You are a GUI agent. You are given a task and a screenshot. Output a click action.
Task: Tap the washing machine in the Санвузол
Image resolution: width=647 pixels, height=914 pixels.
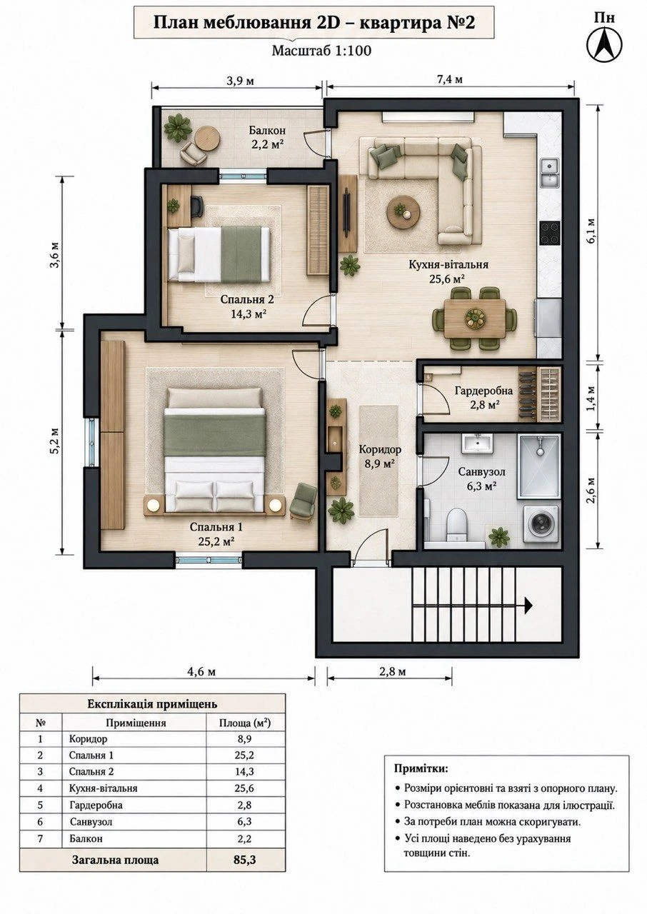pyautogui.click(x=541, y=524)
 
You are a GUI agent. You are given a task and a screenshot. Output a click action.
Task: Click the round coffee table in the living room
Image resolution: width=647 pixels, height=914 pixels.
pyautogui.click(x=403, y=211)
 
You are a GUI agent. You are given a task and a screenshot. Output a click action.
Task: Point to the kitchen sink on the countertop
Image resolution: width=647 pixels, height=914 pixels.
pyautogui.click(x=550, y=173)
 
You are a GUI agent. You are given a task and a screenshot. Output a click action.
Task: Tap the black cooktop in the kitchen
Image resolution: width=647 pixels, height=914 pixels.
pyautogui.click(x=550, y=233)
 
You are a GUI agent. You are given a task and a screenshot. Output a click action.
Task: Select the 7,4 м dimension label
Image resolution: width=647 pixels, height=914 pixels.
pyautogui.click(x=450, y=79)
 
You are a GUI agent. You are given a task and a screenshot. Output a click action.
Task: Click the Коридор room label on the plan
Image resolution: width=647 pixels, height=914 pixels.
pyautogui.click(x=380, y=450)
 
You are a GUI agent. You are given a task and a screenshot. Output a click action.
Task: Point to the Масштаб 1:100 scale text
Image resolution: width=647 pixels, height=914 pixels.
pyautogui.click(x=322, y=51)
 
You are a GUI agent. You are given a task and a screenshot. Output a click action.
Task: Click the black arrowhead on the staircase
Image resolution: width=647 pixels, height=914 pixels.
pyautogui.click(x=528, y=606)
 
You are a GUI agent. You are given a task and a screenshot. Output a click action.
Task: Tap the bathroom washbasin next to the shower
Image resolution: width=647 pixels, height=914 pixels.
pyautogui.click(x=478, y=443)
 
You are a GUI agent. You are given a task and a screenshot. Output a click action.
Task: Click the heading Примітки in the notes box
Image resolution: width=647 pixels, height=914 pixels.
pyautogui.click(x=421, y=769)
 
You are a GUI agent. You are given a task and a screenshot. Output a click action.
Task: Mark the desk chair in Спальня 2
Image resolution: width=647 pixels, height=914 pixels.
pyautogui.click(x=196, y=206)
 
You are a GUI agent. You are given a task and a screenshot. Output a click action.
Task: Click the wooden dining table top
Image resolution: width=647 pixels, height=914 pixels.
pyautogui.click(x=475, y=318)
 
